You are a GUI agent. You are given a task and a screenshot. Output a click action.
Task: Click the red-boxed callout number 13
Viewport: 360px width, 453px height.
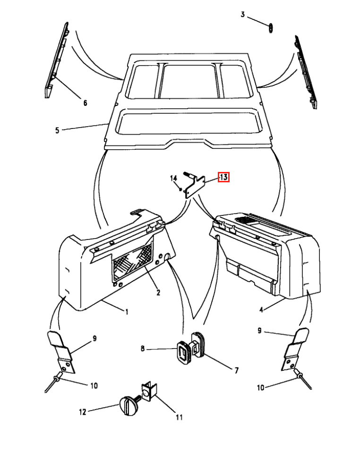pyautogui.click(x=223, y=177)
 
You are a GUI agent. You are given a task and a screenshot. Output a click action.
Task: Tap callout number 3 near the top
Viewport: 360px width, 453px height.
pyautogui.click(x=243, y=14)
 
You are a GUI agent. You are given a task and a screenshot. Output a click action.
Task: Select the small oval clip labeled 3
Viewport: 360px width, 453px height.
pyautogui.click(x=271, y=28)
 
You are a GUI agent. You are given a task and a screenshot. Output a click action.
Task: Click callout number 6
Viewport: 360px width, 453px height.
pyautogui.click(x=85, y=103)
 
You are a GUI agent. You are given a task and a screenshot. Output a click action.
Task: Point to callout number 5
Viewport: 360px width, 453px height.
pyautogui.click(x=57, y=130)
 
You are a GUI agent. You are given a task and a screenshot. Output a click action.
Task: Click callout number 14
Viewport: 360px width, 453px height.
pyautogui.click(x=173, y=178)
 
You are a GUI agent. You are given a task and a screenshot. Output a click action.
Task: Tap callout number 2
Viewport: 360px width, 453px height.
pyautogui.click(x=158, y=293)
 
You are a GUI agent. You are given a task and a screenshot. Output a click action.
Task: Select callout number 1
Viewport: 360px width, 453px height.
pyautogui.click(x=127, y=312)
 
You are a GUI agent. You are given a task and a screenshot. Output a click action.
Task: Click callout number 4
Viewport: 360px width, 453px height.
pyautogui.click(x=261, y=310)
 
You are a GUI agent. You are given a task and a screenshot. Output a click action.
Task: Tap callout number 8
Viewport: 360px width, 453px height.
pyautogui.click(x=142, y=349)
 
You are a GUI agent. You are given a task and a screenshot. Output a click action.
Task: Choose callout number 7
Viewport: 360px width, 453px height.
pyautogui.click(x=237, y=370)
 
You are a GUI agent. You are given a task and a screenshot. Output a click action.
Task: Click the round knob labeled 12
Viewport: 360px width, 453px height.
pyautogui.click(x=129, y=406)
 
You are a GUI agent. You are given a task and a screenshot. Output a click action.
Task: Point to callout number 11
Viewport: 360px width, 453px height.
pyautogui.click(x=179, y=417)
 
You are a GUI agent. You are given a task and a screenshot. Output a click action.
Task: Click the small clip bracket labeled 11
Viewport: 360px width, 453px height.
pyautogui.click(x=149, y=392)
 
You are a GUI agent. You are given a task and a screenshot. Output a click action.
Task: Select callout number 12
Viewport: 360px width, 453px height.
pyautogui.click(x=83, y=412)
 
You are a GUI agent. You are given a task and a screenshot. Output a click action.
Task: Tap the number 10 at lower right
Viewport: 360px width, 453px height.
pyautogui.click(x=261, y=387)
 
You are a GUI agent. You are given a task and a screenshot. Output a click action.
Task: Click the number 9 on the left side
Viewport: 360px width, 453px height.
pyautogui.click(x=94, y=338)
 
